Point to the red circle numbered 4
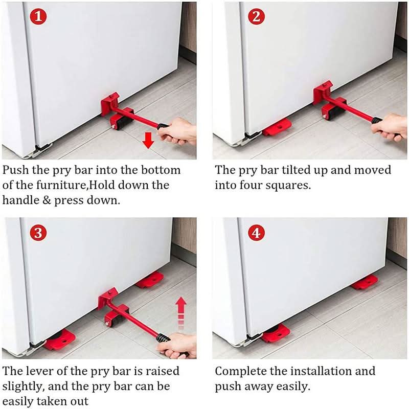256,234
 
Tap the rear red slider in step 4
364,282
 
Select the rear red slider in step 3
149,279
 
